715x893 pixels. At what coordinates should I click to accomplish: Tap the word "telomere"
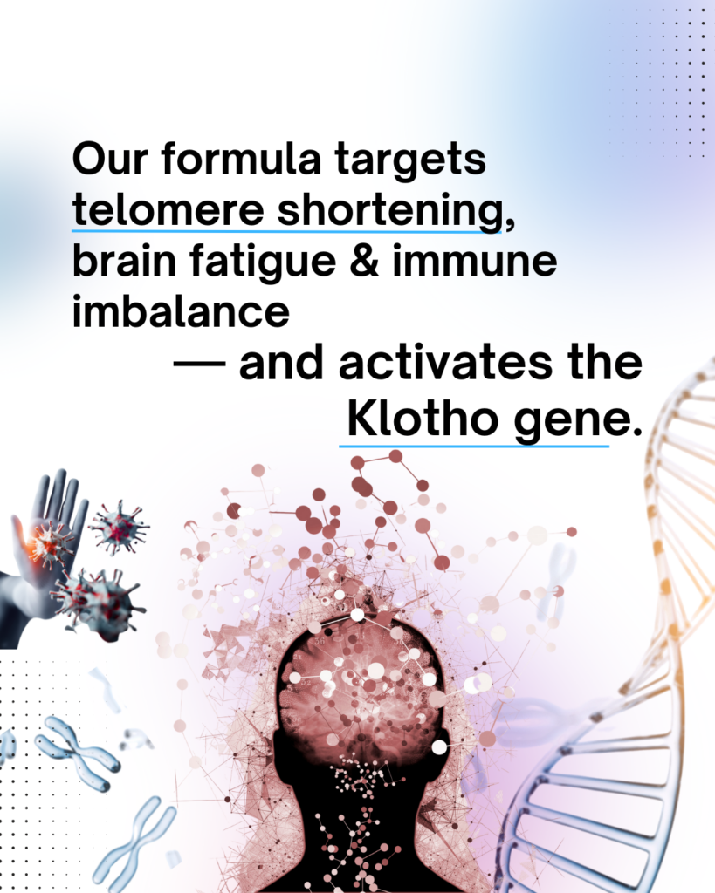[168, 209]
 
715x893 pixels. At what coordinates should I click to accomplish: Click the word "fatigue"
[262, 263]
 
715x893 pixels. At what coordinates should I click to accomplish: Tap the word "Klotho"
[423, 419]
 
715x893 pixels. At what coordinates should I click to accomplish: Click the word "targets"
[410, 161]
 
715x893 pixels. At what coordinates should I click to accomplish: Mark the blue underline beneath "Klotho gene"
[474, 446]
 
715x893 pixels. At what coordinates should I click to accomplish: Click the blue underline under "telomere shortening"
[286, 232]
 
